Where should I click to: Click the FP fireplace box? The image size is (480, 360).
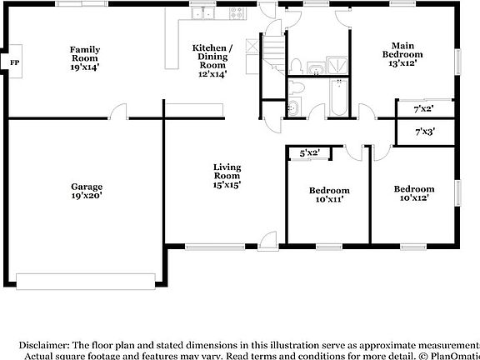(13, 62)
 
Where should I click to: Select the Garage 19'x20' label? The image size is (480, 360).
(87, 192)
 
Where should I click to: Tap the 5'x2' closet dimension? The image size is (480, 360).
(309, 152)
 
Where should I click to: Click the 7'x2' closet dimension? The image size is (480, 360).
(423, 109)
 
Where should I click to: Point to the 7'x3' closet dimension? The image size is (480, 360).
(423, 131)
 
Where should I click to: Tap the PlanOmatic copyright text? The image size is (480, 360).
(450, 355)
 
